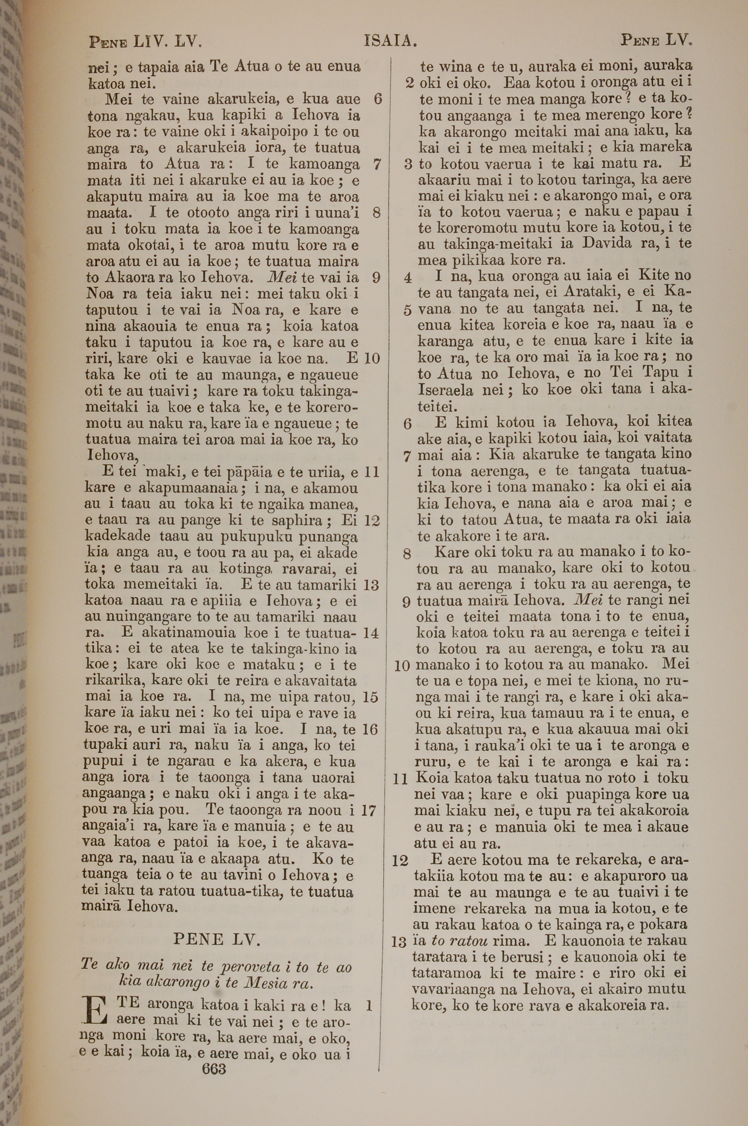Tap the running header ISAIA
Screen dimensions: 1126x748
click(390, 42)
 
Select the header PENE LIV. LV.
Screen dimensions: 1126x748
click(145, 42)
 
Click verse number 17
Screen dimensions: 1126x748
click(368, 810)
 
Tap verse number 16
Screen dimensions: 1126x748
click(370, 729)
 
